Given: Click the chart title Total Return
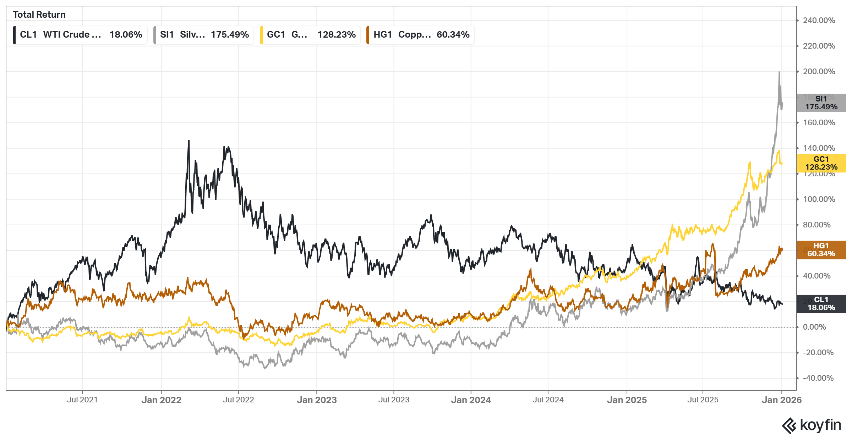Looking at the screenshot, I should pyautogui.click(x=39, y=15).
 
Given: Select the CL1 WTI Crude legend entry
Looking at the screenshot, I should pyautogui.click(x=80, y=35).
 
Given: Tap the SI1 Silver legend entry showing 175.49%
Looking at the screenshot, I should pyautogui.click(x=204, y=35).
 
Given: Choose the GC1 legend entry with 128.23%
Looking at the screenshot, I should pyautogui.click(x=310, y=35).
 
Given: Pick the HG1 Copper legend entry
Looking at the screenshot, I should pyautogui.click(x=421, y=35).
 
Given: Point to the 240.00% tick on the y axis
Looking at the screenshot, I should pyautogui.click(x=819, y=21).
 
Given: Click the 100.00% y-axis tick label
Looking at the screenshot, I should pyautogui.click(x=819, y=199).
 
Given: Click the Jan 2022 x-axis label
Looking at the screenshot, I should pyautogui.click(x=161, y=400).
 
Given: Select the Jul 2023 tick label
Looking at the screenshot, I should pyautogui.click(x=394, y=400).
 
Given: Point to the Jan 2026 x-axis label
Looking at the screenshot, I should pyautogui.click(x=781, y=400).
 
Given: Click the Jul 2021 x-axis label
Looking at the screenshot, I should pyautogui.click(x=82, y=400).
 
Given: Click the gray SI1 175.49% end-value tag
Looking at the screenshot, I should pyautogui.click(x=821, y=103).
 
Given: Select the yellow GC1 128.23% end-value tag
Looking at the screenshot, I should pyautogui.click(x=821, y=163).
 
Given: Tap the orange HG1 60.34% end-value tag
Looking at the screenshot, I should pyautogui.click(x=821, y=250).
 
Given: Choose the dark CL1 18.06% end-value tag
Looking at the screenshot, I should pyautogui.click(x=821, y=304).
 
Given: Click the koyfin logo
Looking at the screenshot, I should pyautogui.click(x=812, y=425).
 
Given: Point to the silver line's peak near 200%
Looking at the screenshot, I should pyautogui.click(x=779, y=72).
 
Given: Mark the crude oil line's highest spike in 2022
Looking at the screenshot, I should pyautogui.click(x=189, y=141).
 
